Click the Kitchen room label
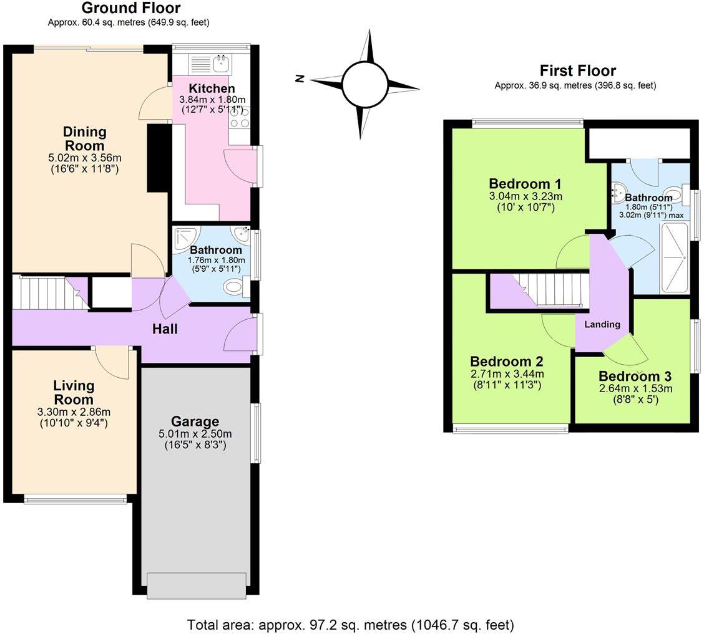pos(212,89)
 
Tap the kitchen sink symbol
pos(222,63)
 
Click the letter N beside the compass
pos(300,79)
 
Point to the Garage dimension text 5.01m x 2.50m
pos(195,434)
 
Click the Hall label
pos(165,329)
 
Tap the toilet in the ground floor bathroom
pos(234,287)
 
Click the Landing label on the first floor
pos(602,324)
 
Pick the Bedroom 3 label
pos(634,377)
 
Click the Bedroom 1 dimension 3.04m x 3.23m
pos(525,196)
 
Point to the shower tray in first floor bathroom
pos(674,257)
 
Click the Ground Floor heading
pos(130,8)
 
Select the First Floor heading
pos(577,70)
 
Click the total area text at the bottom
pos(350,624)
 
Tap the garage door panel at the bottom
pos(196,585)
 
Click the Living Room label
pos(73,393)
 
